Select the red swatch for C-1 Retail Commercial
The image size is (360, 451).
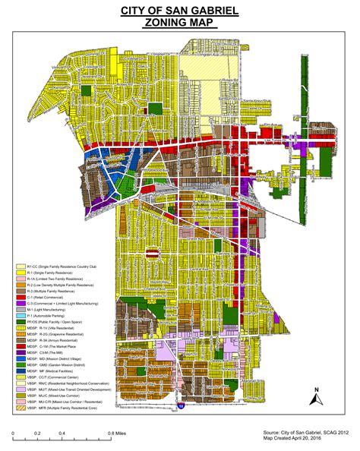pos(21,297)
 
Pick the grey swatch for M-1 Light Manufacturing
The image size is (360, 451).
pos(21,309)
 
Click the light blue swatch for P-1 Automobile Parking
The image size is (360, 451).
pos(21,315)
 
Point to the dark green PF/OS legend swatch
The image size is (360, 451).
pos(21,322)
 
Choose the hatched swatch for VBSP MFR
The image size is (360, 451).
pos(21,408)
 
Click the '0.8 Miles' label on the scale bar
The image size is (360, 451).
pos(115,433)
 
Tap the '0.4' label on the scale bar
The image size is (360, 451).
pos(64,433)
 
